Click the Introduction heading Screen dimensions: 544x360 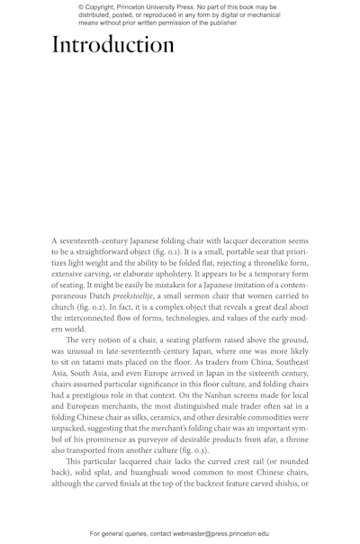112,44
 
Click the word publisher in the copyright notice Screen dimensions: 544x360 217,23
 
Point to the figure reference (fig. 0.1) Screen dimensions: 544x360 186,255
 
